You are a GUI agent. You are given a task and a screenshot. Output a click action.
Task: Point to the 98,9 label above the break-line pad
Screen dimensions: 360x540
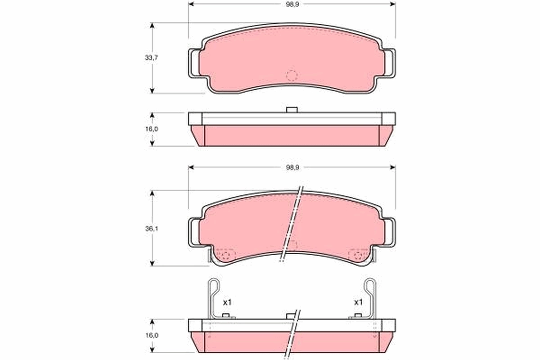click(x=292, y=167)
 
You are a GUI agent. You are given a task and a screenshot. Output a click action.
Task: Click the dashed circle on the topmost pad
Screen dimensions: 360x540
click(x=292, y=76)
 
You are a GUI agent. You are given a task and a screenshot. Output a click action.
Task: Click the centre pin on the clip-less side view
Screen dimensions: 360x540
click(x=292, y=109)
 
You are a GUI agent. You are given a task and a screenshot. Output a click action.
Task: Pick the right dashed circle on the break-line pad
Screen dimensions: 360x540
click(x=358, y=255)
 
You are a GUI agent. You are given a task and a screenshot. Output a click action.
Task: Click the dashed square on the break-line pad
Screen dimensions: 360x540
click(x=292, y=246)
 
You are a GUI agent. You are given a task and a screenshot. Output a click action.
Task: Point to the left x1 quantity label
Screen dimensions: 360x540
click(x=228, y=302)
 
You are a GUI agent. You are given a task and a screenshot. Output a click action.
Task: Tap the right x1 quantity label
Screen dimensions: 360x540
click(x=358, y=302)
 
